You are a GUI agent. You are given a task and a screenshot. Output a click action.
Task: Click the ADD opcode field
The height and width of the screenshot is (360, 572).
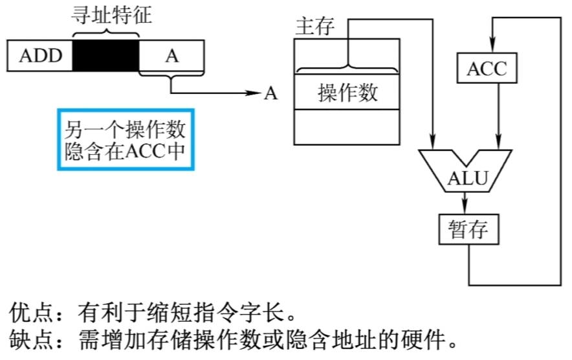pyautogui.click(x=39, y=56)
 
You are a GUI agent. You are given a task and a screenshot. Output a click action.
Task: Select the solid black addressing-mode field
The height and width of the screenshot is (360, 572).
pyautogui.click(x=105, y=56)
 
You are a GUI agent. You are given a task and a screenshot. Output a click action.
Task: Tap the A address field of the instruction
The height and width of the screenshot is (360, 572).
pyautogui.click(x=171, y=56)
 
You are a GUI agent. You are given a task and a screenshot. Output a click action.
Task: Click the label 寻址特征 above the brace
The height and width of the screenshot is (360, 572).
pyautogui.click(x=111, y=16)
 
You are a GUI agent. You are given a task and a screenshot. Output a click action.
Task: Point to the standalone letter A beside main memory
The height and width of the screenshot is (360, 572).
pyautogui.click(x=270, y=93)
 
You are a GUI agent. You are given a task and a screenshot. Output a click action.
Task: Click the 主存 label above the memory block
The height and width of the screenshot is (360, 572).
pyautogui.click(x=315, y=27)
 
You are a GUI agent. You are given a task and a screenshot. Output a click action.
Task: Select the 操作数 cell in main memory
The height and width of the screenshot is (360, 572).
pyautogui.click(x=347, y=92)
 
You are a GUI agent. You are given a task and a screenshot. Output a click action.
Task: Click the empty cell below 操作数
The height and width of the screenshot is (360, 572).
pyautogui.click(x=347, y=127)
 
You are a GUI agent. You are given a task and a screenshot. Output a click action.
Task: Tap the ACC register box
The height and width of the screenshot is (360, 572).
pyautogui.click(x=487, y=68)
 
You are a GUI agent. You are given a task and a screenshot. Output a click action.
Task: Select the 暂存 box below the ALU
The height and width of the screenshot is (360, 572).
pyautogui.click(x=468, y=229)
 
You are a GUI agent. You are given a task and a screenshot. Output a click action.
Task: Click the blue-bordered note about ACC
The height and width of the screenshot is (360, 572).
pyautogui.click(x=126, y=139)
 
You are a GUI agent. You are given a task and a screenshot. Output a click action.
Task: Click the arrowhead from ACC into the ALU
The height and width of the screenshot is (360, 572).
pyautogui.click(x=499, y=141)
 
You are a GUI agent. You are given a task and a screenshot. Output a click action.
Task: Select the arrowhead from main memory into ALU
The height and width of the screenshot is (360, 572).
pyautogui.click(x=433, y=141)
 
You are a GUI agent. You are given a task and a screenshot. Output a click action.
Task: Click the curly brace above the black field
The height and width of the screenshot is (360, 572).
pyautogui.click(x=105, y=34)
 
